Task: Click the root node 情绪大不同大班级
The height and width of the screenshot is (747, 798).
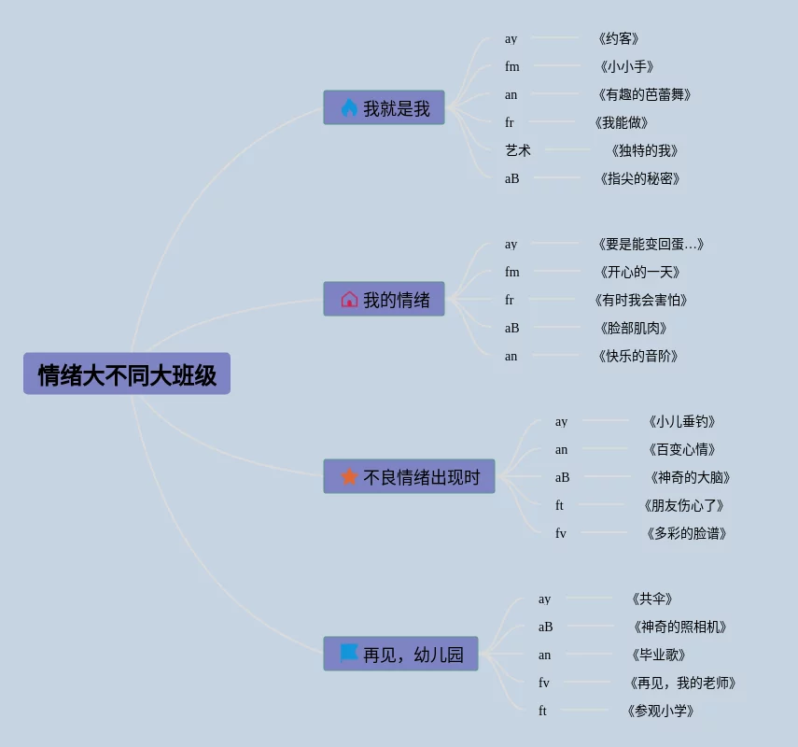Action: [127, 374]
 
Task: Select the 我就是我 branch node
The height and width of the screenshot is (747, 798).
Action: [384, 108]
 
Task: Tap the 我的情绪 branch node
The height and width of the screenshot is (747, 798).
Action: [384, 300]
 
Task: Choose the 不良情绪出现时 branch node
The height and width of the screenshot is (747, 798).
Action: [409, 477]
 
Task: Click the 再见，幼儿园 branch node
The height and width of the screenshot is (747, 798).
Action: [400, 655]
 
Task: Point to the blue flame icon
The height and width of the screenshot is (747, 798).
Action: [349, 108]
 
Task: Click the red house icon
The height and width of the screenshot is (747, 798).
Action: [349, 300]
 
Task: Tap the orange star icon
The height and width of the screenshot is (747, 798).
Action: [349, 477]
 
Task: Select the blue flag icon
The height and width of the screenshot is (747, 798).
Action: [349, 653]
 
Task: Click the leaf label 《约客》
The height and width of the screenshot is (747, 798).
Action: [618, 38]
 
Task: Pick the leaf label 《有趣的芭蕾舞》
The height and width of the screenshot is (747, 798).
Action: [644, 94]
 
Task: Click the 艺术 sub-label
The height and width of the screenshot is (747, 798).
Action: [518, 150]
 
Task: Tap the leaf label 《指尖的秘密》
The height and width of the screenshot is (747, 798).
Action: [639, 178]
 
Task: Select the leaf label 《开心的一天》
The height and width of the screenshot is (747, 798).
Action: [639, 272]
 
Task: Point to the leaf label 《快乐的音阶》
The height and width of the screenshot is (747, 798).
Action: [637, 356]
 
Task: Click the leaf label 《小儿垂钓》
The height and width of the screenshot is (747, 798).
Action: [682, 421]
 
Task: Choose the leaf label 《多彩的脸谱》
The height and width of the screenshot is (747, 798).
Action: [686, 533]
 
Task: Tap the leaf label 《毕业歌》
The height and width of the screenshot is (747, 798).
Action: [659, 655]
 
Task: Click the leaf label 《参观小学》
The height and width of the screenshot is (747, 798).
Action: [660, 711]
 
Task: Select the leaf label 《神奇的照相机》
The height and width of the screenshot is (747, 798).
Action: [679, 627]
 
